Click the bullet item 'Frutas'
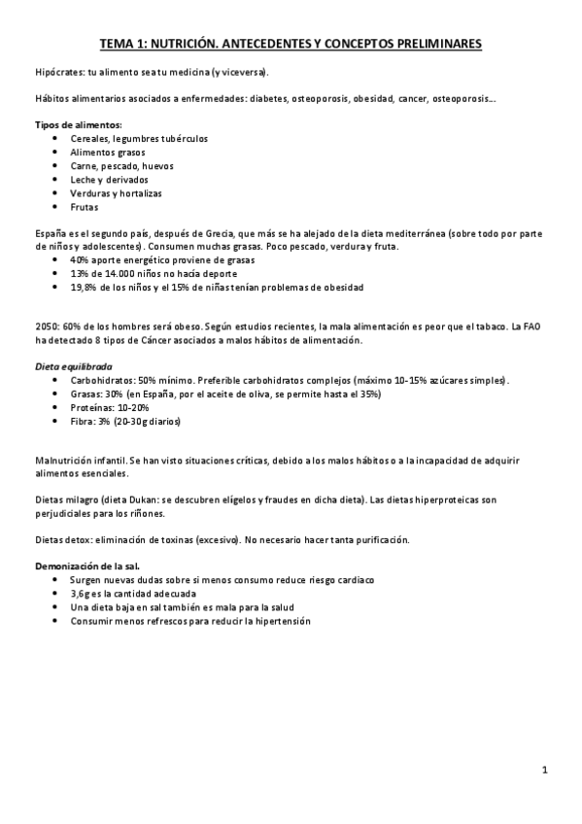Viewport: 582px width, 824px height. (85, 207)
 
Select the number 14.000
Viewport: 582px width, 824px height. (123, 274)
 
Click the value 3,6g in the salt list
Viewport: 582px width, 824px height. (82, 593)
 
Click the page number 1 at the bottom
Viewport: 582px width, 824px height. (546, 771)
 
